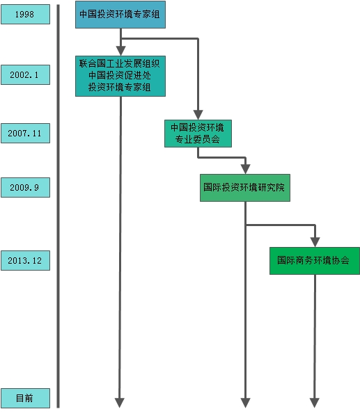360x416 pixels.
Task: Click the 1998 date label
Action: point(25,14)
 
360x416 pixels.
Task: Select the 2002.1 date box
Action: point(25,75)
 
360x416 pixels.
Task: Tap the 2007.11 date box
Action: point(25,133)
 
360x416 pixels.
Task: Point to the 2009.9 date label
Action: point(25,188)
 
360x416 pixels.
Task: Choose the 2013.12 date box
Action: point(25,261)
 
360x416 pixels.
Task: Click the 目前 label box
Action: point(25,398)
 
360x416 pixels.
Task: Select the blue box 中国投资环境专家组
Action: point(120,15)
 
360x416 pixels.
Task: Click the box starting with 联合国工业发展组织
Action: point(120,76)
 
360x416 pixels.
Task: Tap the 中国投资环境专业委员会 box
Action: point(198,134)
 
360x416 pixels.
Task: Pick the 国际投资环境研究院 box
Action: point(245,188)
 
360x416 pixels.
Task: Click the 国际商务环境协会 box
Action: point(315,261)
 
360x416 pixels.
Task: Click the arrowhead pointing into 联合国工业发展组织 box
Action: point(120,51)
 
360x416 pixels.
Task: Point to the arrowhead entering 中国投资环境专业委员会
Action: point(198,115)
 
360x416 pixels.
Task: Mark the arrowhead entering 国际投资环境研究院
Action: point(246,169)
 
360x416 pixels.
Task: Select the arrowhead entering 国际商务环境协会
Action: point(315,242)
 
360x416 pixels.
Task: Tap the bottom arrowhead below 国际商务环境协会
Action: point(315,403)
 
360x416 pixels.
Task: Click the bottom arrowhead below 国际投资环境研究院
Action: point(245,403)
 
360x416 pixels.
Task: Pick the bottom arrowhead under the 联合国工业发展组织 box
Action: point(120,403)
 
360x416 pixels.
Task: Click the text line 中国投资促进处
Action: point(120,75)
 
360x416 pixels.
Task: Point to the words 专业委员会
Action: point(198,139)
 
